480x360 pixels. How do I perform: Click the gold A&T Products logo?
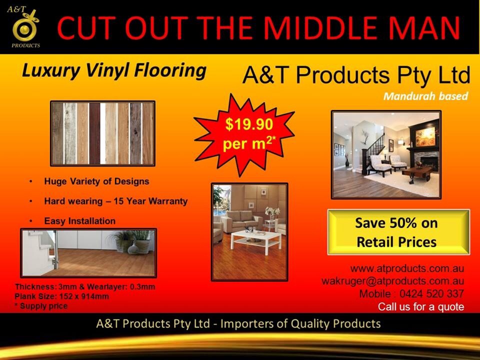[x=24, y=26]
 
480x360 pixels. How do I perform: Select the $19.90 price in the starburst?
[x=249, y=124]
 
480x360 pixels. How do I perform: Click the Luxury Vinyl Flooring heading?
[x=114, y=70]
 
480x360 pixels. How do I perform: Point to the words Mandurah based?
[x=425, y=96]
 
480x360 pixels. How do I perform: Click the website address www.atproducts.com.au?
[x=407, y=268]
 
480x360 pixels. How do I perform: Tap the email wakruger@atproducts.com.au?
[x=393, y=281]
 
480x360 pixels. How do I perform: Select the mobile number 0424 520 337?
[x=431, y=294]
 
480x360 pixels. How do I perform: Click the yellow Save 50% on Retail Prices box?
[x=398, y=232]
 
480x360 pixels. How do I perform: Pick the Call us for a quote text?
[x=421, y=306]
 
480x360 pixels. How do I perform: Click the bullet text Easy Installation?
[x=80, y=220]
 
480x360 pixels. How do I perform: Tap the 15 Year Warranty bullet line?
[x=115, y=201]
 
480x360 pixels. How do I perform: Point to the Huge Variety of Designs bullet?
[x=96, y=181]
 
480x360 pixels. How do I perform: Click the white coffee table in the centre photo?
[x=256, y=240]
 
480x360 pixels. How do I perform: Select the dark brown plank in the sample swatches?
[x=94, y=133]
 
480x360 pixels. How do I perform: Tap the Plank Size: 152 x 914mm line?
[x=61, y=296]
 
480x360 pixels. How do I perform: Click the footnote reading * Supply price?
[x=41, y=306]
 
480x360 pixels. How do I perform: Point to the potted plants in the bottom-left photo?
[x=133, y=241]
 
